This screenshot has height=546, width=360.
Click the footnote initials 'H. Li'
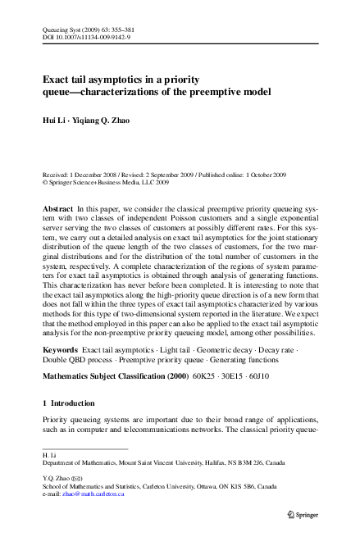(x=47, y=453)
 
